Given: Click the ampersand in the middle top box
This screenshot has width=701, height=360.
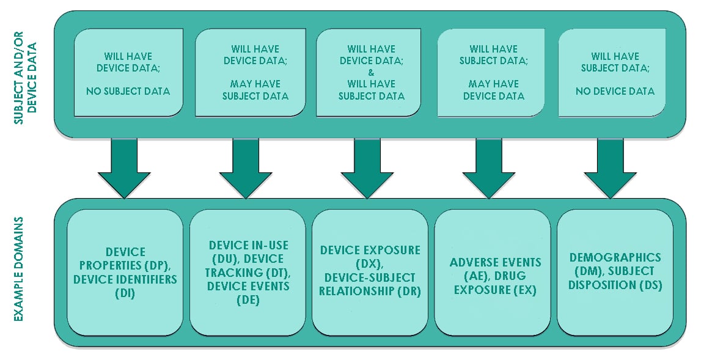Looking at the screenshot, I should pos(371,72).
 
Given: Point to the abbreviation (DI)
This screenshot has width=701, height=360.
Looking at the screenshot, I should pos(125,293).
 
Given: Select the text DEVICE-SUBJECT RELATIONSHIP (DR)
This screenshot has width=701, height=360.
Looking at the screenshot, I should pos(370,284).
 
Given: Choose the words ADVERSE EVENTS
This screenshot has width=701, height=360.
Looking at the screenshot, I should pos(496,263).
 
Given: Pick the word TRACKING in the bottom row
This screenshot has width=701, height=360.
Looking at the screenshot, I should pos(228,273).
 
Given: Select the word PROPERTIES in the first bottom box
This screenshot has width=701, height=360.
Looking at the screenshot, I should pos(109,266).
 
